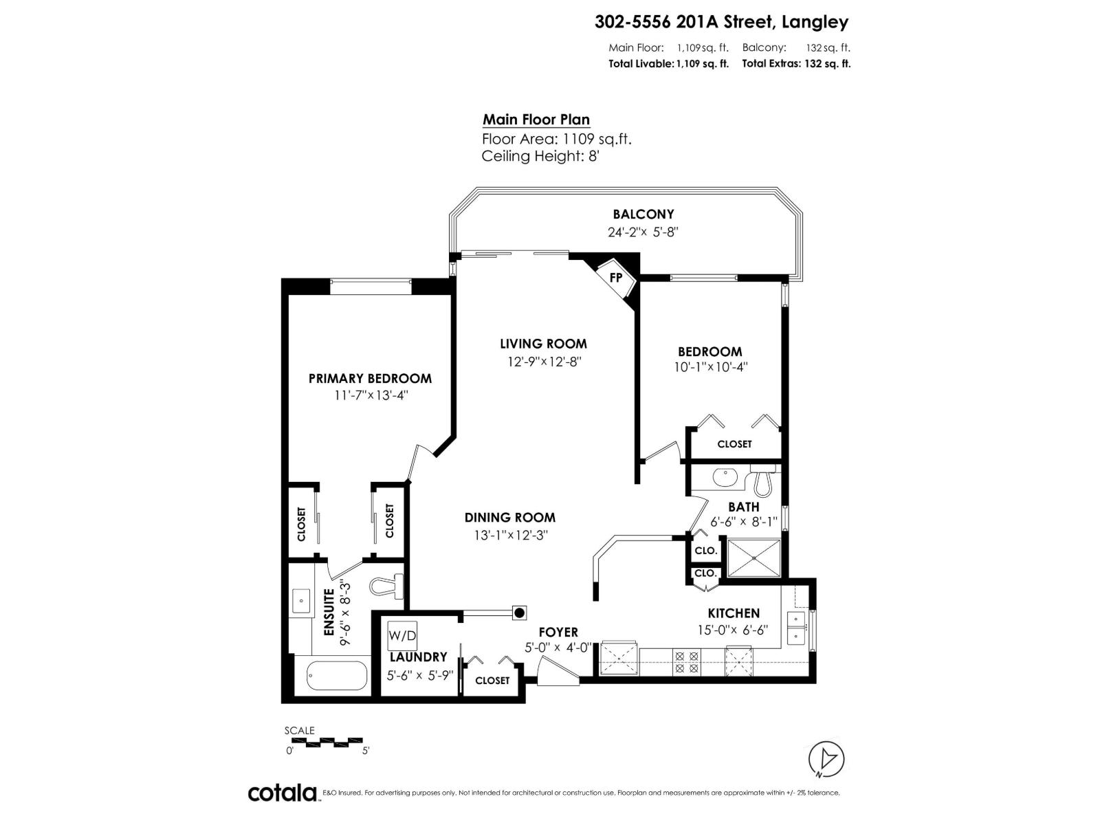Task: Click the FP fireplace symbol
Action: (615, 278)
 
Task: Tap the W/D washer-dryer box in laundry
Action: (402, 635)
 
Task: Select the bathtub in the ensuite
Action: (337, 675)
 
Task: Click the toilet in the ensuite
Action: (386, 586)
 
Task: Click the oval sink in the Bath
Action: (725, 477)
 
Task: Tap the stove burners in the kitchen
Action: (686, 661)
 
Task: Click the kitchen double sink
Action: (796, 626)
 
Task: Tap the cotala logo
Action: (282, 793)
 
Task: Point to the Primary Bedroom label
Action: (370, 378)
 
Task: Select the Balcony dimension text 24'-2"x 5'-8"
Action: (643, 232)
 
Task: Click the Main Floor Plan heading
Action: (536, 120)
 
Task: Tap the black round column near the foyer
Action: (520, 613)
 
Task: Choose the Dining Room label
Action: (509, 518)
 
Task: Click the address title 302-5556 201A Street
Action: (721, 22)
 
